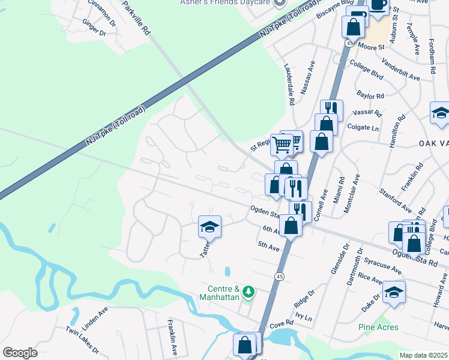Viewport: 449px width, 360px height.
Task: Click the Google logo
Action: pos(20,353)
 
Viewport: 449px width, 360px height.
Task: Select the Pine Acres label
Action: pos(379,327)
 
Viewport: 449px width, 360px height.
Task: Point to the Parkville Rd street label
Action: pos(135,18)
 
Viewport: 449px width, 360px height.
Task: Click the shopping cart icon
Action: pos(282,144)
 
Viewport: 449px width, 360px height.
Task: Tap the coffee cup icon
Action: pos(378,5)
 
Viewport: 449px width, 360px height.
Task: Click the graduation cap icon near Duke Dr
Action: pos(394,292)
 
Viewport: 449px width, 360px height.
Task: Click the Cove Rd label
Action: pos(281,323)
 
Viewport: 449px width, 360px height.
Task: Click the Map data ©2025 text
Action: pos(424,355)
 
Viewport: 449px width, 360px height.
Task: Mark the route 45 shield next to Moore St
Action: pos(350,43)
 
